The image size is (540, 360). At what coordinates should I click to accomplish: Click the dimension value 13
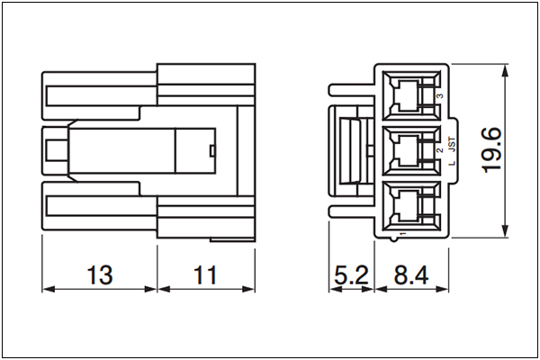point(100,274)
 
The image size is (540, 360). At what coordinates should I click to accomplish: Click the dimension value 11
point(205,274)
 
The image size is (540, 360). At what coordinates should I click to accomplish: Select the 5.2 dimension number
point(351,274)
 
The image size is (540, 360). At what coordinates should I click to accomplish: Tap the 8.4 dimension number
point(411,274)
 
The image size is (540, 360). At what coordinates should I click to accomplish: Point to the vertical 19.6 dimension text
point(491,150)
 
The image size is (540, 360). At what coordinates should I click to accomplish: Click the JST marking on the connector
point(452,144)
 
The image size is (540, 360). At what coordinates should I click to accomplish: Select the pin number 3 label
point(440,96)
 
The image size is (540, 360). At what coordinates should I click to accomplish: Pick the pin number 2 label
point(440,150)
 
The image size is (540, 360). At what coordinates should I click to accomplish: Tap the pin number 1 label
point(402,234)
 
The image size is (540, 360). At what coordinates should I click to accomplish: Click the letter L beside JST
point(452,163)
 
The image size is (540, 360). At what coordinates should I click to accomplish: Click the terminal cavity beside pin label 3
point(411,95)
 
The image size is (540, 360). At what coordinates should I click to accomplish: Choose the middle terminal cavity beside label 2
point(411,151)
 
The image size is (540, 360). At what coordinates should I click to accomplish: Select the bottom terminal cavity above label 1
point(411,206)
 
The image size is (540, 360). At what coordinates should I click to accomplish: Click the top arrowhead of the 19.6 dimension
point(505,70)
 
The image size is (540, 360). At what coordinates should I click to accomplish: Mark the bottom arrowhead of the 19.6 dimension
point(505,230)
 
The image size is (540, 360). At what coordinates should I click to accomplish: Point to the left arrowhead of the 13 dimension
point(49,289)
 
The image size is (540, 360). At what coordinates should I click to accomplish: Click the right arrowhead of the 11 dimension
point(248,289)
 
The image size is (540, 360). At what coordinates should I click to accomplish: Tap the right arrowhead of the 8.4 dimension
point(442,289)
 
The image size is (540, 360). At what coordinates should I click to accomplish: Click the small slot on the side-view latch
point(212,150)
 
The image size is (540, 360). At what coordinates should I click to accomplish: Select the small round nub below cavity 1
point(394,239)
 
